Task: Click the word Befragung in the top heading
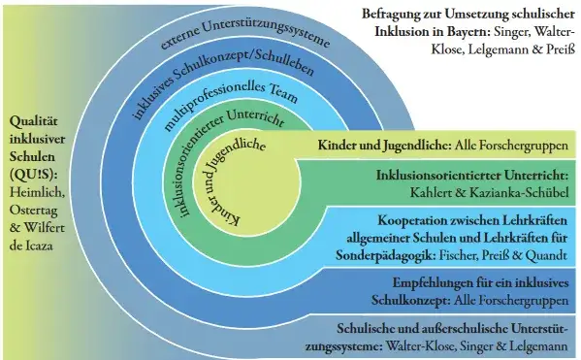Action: click(398, 16)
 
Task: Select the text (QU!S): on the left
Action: click(33, 173)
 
